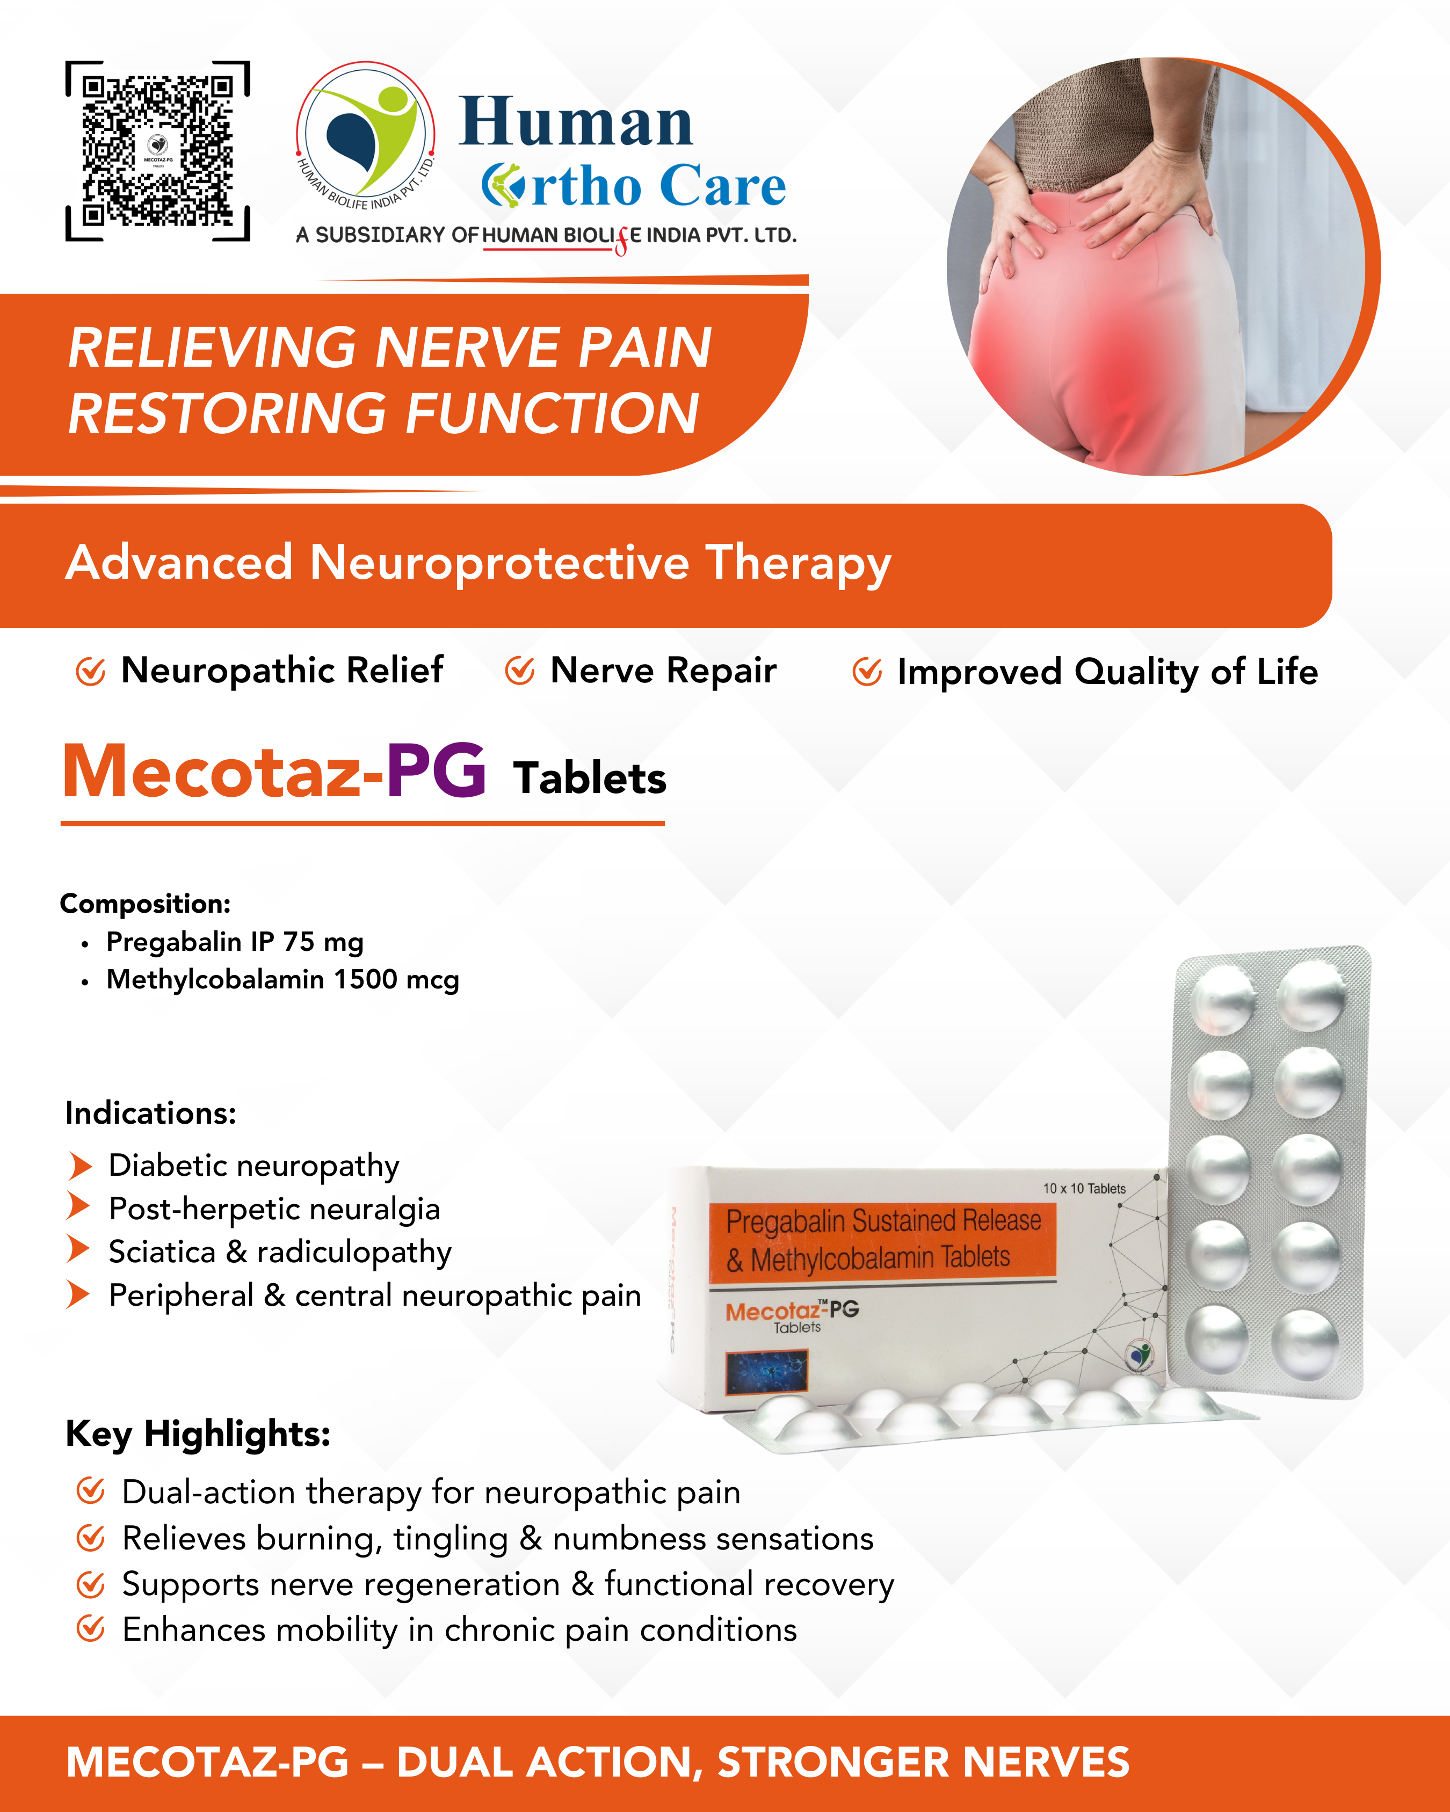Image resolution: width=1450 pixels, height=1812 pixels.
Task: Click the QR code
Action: coord(157,151)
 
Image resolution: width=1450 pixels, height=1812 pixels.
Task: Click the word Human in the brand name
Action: coord(576,122)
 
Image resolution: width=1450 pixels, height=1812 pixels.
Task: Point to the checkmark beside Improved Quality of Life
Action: coord(867,672)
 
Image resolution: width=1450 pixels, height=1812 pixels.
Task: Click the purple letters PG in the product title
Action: coord(436,770)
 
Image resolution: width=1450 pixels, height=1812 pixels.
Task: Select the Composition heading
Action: coord(146,904)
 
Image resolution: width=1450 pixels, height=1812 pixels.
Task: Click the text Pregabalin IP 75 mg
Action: coord(235,942)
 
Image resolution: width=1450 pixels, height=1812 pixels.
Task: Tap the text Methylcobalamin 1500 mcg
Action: coord(283,980)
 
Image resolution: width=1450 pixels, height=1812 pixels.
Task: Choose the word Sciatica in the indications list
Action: coord(162,1252)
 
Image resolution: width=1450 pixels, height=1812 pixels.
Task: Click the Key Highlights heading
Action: coord(198,1434)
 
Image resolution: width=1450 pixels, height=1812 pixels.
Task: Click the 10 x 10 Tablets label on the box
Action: coord(1084,1188)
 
